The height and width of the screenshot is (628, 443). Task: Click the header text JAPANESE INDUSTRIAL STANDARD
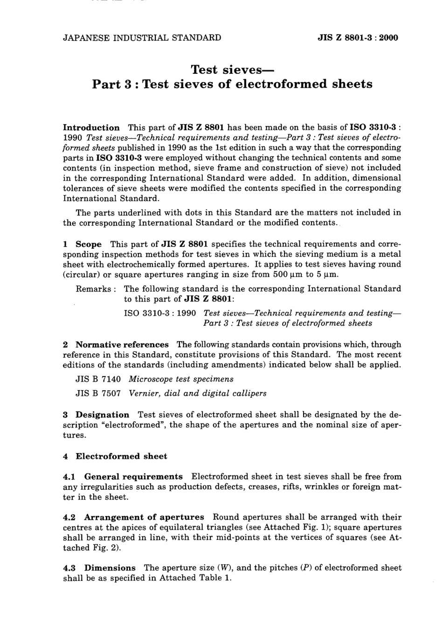(142, 38)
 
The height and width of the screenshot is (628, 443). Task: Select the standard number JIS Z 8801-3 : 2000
(358, 38)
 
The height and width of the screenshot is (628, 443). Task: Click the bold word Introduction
(91, 127)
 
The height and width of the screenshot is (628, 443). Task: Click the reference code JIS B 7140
(98, 379)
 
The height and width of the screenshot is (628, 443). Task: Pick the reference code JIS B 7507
(98, 393)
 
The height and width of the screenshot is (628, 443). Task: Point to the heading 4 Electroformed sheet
(115, 456)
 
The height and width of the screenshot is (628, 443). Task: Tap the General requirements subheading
(133, 477)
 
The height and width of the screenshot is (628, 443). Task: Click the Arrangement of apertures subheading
(144, 517)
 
